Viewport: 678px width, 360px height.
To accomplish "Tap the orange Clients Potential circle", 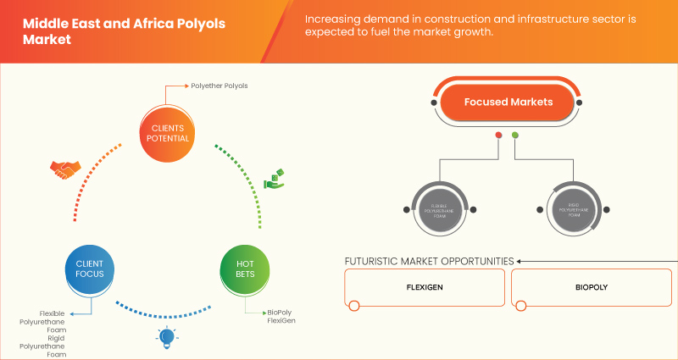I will [x=166, y=130].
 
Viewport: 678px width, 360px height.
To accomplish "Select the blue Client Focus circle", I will [x=90, y=269].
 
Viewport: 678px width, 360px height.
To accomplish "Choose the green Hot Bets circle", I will [x=244, y=269].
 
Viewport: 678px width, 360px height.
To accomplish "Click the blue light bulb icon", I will [x=166, y=337].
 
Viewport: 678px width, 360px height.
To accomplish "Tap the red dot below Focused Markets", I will [x=498, y=136].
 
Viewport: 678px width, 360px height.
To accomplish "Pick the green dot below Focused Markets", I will [x=515, y=136].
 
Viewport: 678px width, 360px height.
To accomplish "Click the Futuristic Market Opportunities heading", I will [x=429, y=261].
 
